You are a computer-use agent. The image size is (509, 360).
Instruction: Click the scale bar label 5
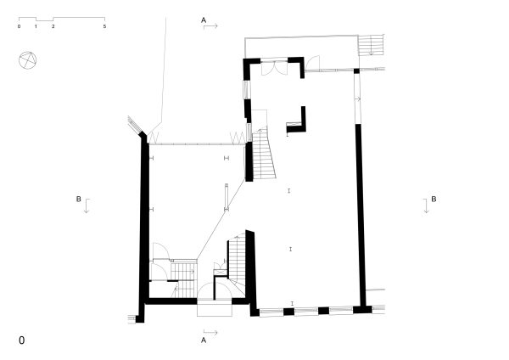104,27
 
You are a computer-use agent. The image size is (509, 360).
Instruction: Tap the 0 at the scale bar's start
19,27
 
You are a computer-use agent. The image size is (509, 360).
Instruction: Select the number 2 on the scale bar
53,27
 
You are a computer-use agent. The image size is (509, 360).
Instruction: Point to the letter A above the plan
204,19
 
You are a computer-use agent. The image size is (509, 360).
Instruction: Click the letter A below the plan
204,340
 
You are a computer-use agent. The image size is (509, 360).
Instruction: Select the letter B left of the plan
79,199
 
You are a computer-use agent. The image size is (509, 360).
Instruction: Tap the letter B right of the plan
433,199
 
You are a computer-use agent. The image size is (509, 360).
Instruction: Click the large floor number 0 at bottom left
22,340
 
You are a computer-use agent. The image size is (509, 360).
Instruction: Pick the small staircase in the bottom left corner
183,271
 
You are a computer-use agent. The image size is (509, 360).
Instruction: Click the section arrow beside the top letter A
212,27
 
